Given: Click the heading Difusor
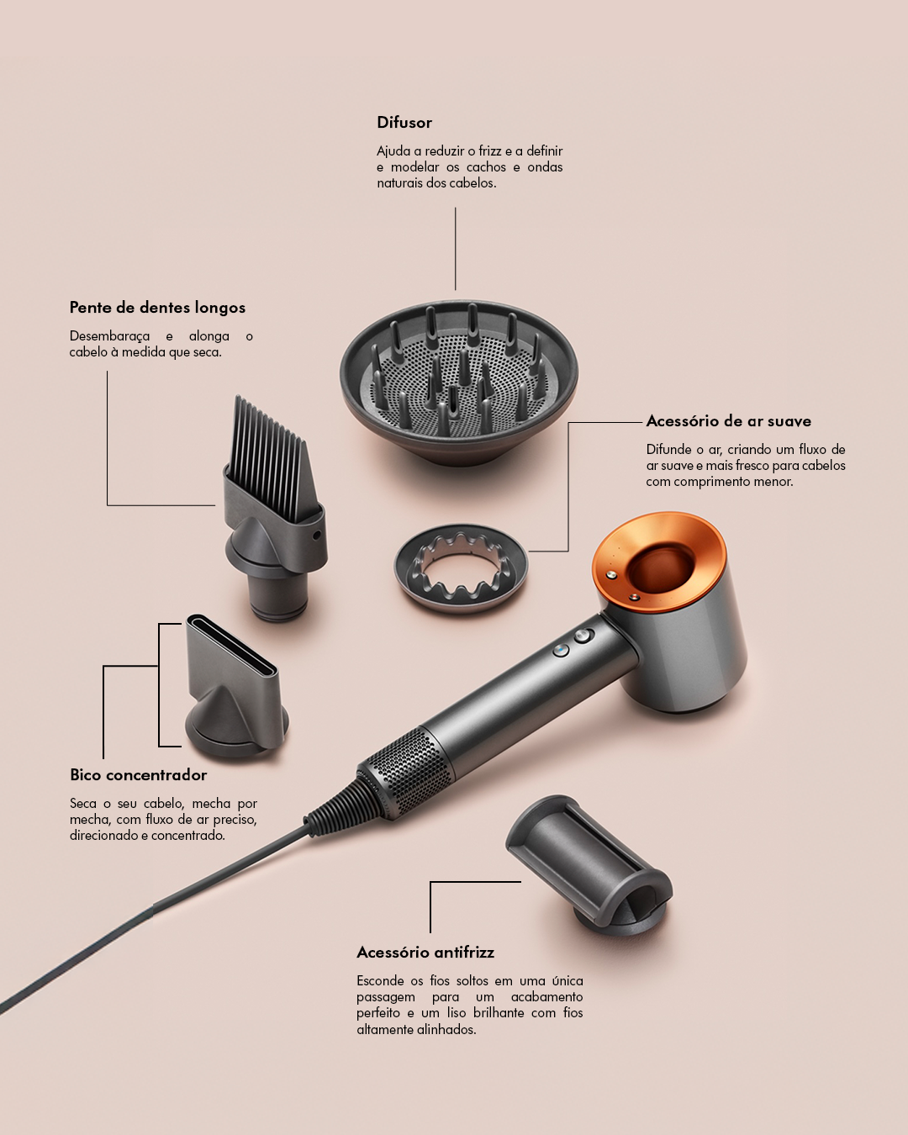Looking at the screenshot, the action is point(404,123).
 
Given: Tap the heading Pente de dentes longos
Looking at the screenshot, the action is point(157,308).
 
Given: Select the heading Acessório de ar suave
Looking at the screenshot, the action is point(729,421).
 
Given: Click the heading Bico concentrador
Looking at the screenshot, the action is point(138,775).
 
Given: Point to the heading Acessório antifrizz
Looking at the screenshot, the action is point(425,952).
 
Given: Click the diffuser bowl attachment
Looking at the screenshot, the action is point(458,384).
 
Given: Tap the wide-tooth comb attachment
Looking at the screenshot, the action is point(274,509).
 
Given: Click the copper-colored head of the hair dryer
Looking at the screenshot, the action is point(659,562).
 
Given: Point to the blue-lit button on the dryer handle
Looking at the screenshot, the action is point(561,650).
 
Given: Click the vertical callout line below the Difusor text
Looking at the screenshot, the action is point(456,248).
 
